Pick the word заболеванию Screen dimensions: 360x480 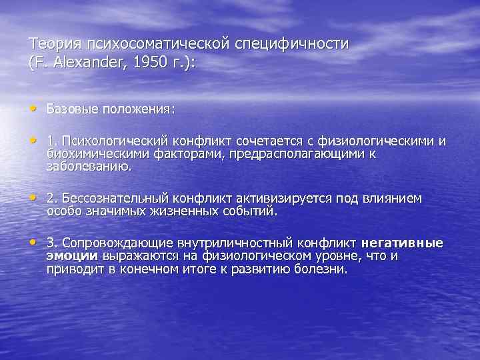pyautogui.click(x=89, y=166)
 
